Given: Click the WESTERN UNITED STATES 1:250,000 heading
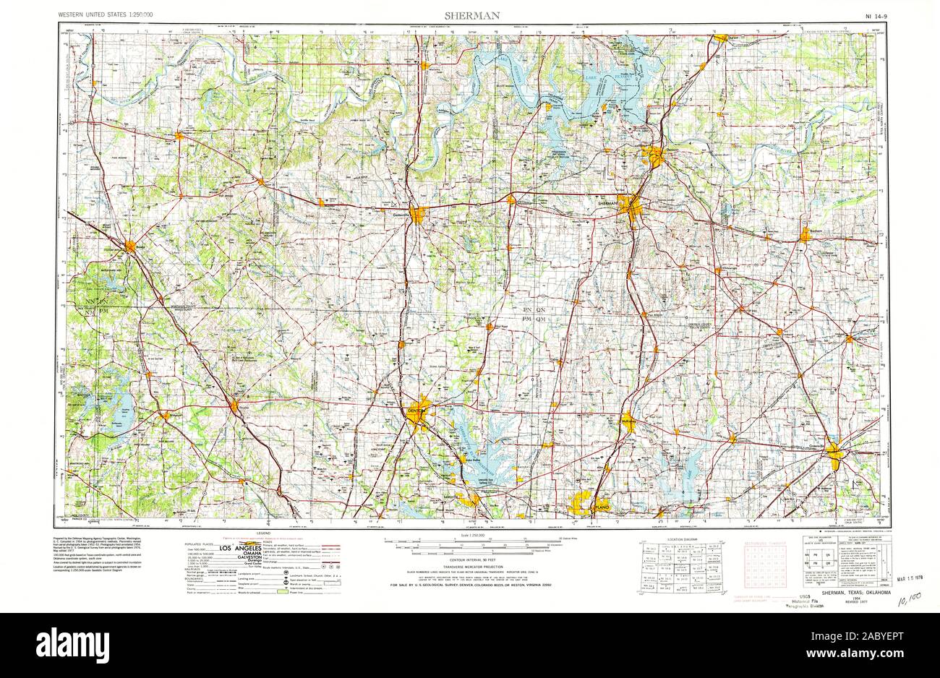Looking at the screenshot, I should pos(106,15).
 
